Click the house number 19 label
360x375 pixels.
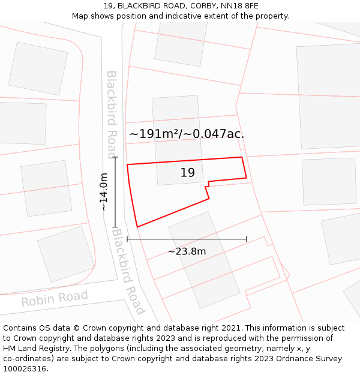click(188, 173)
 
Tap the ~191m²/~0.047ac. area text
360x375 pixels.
click(187, 134)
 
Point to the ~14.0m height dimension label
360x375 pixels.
click(104, 191)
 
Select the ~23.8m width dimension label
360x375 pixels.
click(187, 251)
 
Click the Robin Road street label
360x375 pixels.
click(55, 298)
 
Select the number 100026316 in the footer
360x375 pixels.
click(26, 369)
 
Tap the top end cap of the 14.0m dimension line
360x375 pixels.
click(115, 157)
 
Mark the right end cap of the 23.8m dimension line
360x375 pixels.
click(247, 239)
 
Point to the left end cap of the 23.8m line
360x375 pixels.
click(127, 239)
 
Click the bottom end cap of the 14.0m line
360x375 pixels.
click(115, 227)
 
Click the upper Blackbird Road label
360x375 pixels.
click(112, 114)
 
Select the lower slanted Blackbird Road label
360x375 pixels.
click(128, 271)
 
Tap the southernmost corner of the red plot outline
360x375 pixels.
click(137, 227)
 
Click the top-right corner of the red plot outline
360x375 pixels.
click(242, 157)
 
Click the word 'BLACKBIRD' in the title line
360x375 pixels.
click(139, 5)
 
